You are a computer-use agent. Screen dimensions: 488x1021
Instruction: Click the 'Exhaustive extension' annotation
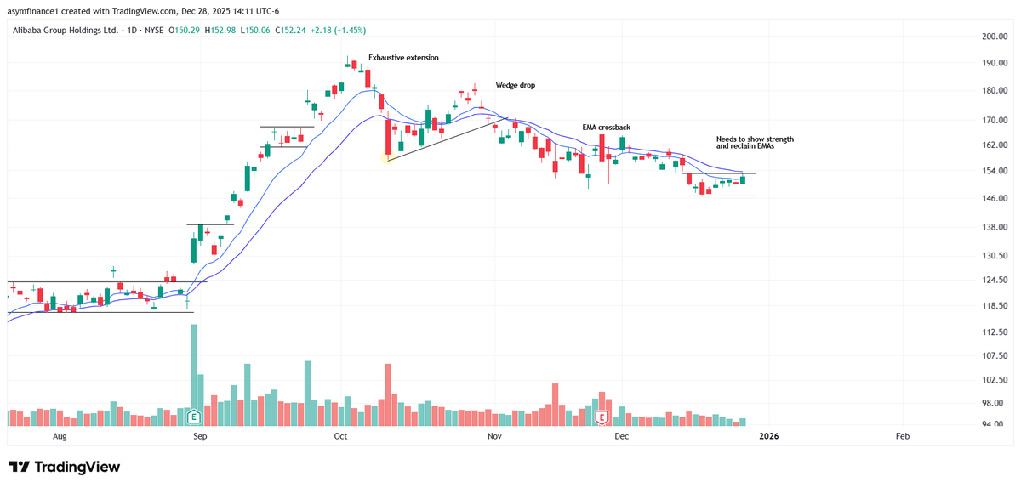[x=403, y=57]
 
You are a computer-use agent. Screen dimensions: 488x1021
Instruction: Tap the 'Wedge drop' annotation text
[x=516, y=85]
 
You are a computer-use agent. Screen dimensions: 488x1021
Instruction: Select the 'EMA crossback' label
[x=606, y=127]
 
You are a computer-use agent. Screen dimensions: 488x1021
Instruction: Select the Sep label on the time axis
[x=200, y=436]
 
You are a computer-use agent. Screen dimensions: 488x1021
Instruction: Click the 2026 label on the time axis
[x=768, y=436]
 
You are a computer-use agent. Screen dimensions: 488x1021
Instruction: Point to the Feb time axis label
[x=902, y=436]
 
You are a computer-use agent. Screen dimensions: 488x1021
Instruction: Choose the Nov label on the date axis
[x=493, y=436]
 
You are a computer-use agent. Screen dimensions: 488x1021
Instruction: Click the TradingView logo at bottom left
[x=64, y=467]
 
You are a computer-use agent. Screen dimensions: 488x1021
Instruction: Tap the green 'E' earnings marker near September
[x=193, y=417]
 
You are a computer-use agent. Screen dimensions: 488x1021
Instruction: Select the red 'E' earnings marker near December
[x=602, y=417]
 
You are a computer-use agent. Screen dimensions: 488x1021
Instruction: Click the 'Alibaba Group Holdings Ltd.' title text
[x=65, y=30]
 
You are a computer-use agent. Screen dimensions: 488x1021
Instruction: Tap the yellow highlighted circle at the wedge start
[x=388, y=158]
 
